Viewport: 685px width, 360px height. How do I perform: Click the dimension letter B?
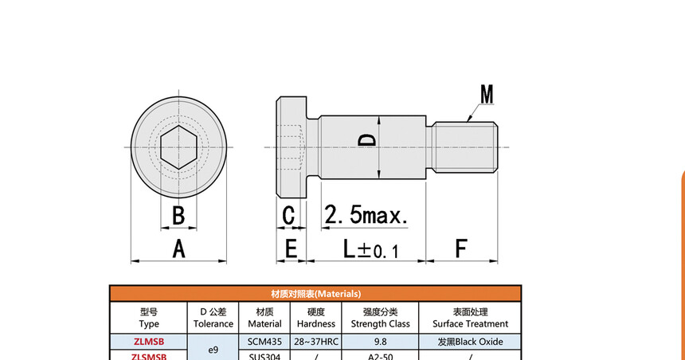[x=179, y=215]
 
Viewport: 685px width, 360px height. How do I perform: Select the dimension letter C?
[x=288, y=215]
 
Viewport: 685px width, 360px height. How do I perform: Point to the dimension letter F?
[x=461, y=248]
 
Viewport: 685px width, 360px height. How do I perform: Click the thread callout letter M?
[x=487, y=95]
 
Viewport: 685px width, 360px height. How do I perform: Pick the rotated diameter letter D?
[x=367, y=140]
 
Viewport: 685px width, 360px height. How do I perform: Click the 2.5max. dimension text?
[x=366, y=215]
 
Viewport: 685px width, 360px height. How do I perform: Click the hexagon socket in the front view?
[x=179, y=148]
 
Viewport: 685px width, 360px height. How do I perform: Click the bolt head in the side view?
[x=292, y=148]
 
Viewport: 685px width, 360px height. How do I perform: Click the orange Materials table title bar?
[x=315, y=293]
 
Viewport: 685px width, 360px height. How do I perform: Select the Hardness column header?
[x=315, y=318]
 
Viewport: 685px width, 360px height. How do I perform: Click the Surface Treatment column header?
[x=470, y=318]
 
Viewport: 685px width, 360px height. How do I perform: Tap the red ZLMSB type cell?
[x=149, y=341]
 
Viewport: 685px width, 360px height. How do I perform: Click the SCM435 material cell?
[x=264, y=341]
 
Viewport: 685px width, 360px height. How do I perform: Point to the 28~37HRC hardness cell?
[x=315, y=341]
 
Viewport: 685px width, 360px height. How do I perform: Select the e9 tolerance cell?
[x=213, y=349]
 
